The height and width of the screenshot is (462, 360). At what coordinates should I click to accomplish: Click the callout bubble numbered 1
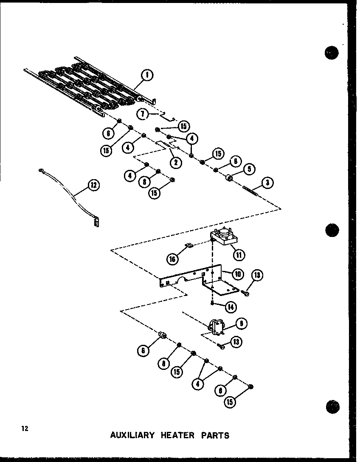pyautogui.click(x=147, y=75)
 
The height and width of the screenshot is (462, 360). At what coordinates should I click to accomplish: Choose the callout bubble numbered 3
pyautogui.click(x=267, y=183)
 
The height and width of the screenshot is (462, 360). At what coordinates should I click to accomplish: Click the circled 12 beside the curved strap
pyautogui.click(x=93, y=186)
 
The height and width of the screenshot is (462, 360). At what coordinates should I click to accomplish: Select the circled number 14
pyautogui.click(x=231, y=307)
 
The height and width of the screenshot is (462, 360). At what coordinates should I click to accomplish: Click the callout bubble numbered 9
pyautogui.click(x=241, y=324)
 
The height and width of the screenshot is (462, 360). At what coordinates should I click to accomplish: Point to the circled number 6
pyautogui.click(x=144, y=351)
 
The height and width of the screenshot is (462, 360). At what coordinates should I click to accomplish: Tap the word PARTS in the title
pyautogui.click(x=215, y=435)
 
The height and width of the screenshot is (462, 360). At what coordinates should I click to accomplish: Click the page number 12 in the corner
pyautogui.click(x=25, y=428)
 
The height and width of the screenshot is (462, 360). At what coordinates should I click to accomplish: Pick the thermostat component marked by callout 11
pyautogui.click(x=224, y=236)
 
